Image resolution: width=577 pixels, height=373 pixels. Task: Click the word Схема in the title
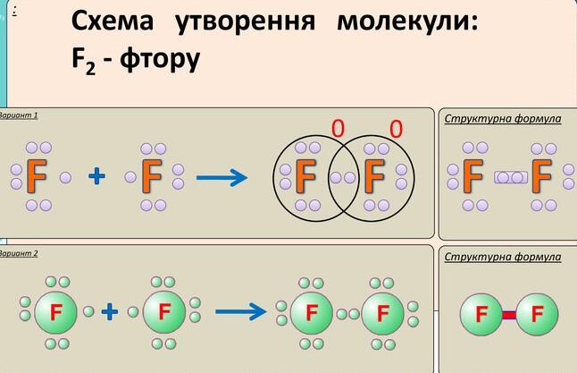point(113,21)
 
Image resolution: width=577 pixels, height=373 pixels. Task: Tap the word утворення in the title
point(246,21)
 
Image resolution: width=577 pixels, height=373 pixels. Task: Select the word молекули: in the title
point(407,21)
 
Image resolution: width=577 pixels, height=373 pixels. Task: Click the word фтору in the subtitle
point(160,59)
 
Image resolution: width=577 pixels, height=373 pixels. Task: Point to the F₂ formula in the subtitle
point(84,60)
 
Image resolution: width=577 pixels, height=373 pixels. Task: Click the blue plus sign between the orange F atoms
point(96,176)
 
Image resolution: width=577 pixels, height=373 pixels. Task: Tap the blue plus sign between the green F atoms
point(110,311)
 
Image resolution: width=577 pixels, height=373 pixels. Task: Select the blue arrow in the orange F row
point(222,178)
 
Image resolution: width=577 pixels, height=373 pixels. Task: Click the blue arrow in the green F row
point(240,312)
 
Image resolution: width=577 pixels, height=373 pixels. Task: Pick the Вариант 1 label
point(19,115)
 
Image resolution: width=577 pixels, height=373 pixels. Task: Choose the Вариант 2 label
point(19,253)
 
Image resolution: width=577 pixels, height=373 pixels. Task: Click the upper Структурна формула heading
point(503,119)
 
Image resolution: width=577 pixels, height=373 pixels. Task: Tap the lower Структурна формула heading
point(503,258)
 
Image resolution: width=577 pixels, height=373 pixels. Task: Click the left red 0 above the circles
point(339,128)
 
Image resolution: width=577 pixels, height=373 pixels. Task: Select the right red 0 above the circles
point(396,129)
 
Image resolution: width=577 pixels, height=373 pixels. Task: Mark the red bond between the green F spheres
point(509,316)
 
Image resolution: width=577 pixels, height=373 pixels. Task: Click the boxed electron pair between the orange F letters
point(510,178)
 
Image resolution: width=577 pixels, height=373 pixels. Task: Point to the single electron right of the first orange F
point(65,178)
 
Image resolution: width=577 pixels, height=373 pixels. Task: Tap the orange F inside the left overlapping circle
point(305,176)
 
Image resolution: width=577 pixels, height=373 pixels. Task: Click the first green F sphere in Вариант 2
point(56,312)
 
